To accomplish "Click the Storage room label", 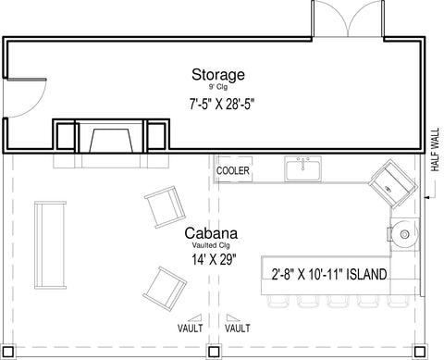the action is coord(218,75).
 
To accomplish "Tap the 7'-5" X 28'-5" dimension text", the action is coord(221,104).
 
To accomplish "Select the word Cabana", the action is coord(211,233).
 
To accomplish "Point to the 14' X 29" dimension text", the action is coord(214,260).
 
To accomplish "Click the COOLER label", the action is coord(233,170).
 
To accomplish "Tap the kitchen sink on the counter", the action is coord(303,168).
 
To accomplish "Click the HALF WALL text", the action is coord(435,150).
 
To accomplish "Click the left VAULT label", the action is coord(191,328).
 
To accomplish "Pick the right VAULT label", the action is coord(238,328).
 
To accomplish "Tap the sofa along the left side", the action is coord(50,245).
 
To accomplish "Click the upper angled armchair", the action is coord(165,207).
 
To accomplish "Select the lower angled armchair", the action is coord(165,289).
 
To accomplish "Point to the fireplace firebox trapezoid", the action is coord(111,141).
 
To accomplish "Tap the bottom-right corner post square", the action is coord(419,352).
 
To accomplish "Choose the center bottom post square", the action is coord(214,352).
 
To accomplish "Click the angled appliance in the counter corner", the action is coord(393,184).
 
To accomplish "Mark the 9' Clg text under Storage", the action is coord(218,87).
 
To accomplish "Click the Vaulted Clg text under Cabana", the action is coord(211,245).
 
